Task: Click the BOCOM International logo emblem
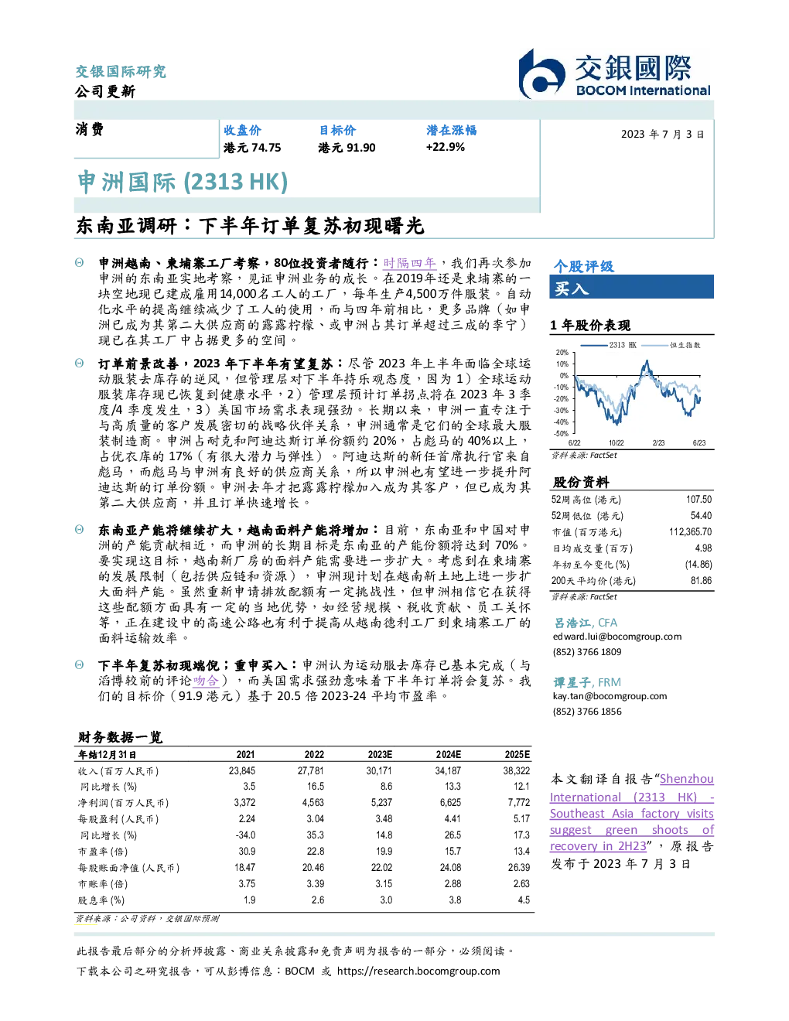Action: click(x=541, y=74)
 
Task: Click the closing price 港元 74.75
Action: click(x=252, y=148)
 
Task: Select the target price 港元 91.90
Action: click(x=347, y=148)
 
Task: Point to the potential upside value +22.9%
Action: click(x=445, y=147)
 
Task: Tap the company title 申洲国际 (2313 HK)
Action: click(x=183, y=183)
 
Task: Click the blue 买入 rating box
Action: click(x=631, y=287)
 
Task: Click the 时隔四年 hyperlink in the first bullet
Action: click(x=410, y=263)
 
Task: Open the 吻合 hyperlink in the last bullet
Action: click(x=206, y=681)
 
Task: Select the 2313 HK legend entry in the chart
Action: click(x=609, y=345)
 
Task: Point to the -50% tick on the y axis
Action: click(x=562, y=434)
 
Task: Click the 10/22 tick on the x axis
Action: click(x=616, y=442)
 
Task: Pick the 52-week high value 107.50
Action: click(x=698, y=500)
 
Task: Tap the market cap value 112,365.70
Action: click(x=690, y=532)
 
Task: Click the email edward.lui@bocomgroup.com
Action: click(x=617, y=637)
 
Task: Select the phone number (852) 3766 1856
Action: click(x=587, y=712)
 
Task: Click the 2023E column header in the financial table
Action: click(x=380, y=755)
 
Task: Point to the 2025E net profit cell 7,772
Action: click(x=518, y=803)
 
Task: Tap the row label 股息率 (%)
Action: click(x=101, y=900)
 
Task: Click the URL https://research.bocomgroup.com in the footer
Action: click(x=418, y=971)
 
